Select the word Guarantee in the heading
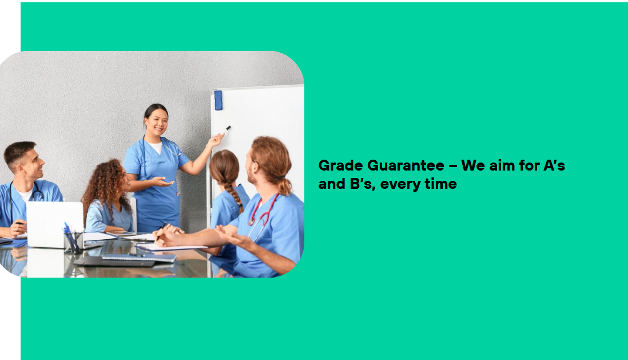[x=406, y=165]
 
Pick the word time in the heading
[x=440, y=184]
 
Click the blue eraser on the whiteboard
[x=218, y=100]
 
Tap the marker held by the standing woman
[x=226, y=129]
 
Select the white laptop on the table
[x=55, y=224]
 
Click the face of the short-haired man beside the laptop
[x=34, y=164]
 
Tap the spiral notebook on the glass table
[x=138, y=258]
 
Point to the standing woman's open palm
[x=162, y=182]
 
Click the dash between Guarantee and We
[x=453, y=166]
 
